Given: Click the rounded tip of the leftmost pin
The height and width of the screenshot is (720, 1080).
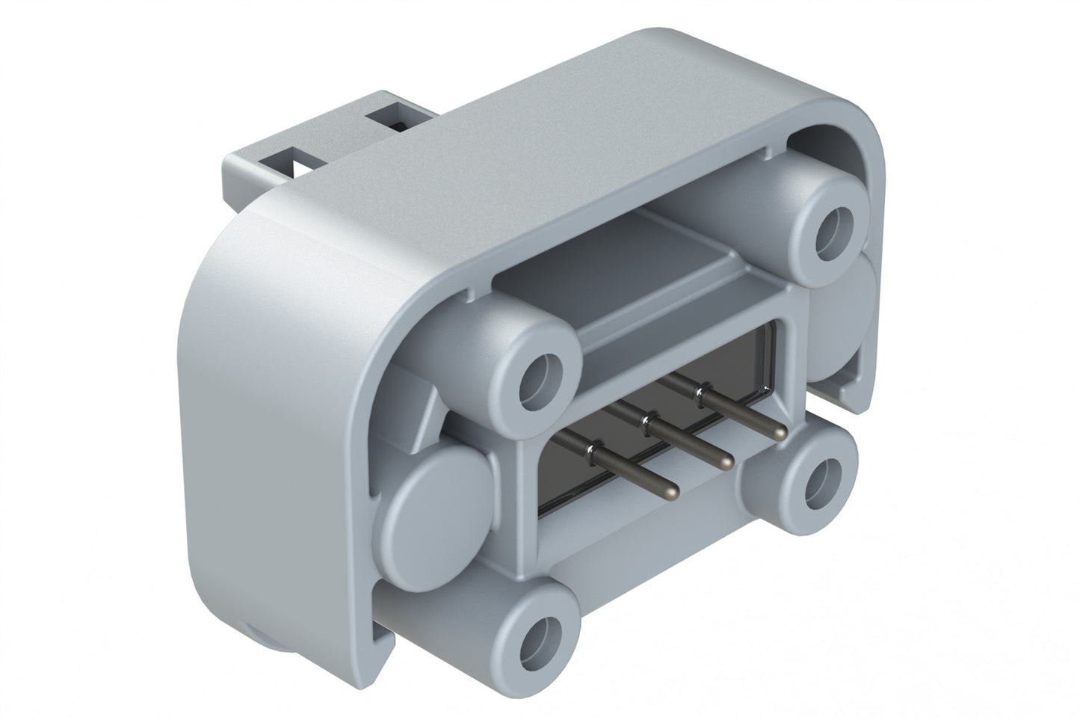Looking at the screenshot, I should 672,490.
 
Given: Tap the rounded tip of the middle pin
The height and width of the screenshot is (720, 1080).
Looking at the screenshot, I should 723,462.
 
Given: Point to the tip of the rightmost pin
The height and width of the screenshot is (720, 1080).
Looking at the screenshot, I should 779,432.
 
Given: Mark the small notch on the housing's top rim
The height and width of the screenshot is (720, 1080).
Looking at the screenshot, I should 762,154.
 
